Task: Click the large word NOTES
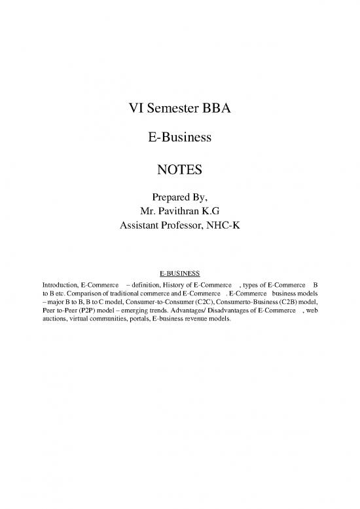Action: pos(180,171)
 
